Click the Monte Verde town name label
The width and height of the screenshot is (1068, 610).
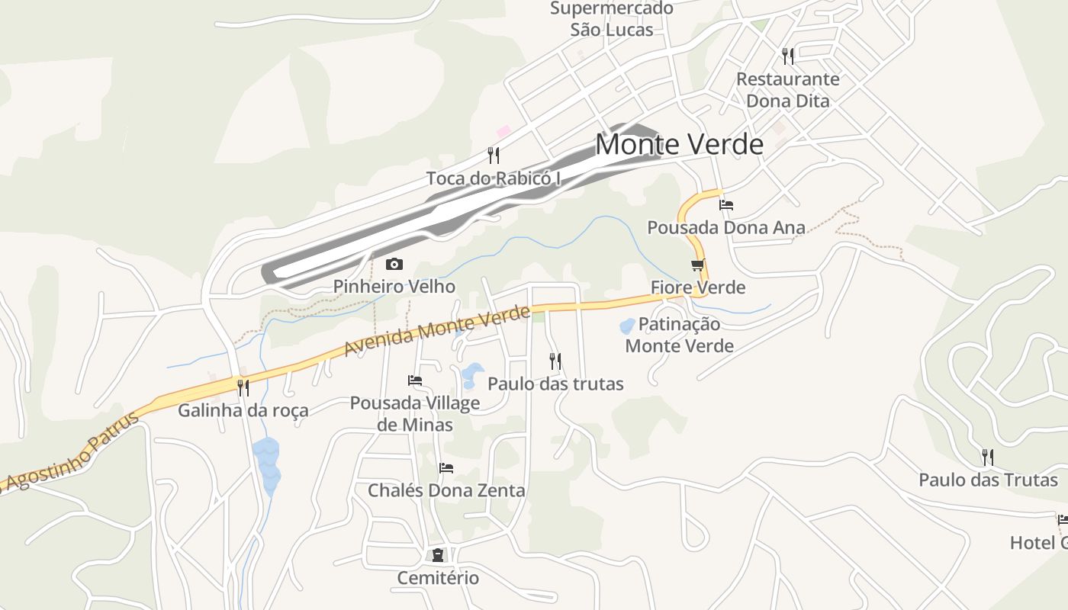point(679,144)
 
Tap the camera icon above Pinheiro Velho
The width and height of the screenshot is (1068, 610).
point(394,265)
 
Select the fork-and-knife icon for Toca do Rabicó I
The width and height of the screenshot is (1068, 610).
point(494,156)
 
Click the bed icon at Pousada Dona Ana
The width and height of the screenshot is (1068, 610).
point(726,204)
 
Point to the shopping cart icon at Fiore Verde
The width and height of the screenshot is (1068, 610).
point(697,265)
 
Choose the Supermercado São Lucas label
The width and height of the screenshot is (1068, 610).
point(612,19)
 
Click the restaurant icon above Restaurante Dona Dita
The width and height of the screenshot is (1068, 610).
point(788,56)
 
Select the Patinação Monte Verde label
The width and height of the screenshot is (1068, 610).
point(679,335)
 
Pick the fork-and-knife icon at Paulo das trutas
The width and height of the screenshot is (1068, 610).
point(555,361)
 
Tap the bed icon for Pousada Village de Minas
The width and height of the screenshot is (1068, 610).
point(415,380)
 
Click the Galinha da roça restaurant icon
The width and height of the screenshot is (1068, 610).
point(243,388)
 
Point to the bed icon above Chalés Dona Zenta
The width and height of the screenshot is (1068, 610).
point(446,467)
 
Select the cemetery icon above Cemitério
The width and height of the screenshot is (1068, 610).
point(438,554)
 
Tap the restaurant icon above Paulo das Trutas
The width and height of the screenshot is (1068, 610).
point(988,457)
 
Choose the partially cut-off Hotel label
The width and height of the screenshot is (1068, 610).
point(1038,542)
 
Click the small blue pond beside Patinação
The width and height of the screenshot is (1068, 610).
point(627,326)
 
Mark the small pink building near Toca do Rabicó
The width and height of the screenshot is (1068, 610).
point(503,132)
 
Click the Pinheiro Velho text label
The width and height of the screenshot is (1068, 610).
point(394,287)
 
